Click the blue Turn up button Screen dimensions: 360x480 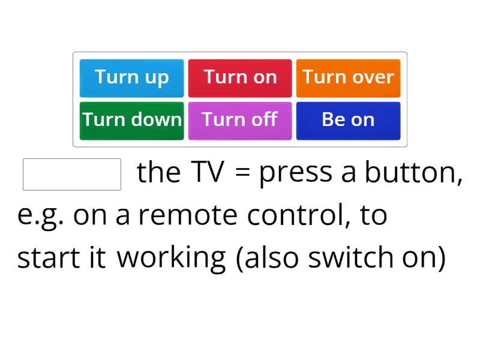point(132,78)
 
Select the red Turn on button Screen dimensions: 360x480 point(240,78)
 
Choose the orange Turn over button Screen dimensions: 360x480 point(348,78)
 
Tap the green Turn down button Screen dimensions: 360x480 point(132,121)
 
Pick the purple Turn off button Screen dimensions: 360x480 point(240,121)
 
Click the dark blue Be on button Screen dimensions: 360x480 point(348,121)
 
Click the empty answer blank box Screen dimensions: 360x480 point(72,174)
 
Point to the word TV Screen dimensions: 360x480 point(208,173)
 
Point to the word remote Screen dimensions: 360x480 point(188,215)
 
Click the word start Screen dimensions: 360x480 point(49,258)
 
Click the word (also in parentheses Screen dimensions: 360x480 point(269,258)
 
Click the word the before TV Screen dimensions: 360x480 point(158,173)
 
